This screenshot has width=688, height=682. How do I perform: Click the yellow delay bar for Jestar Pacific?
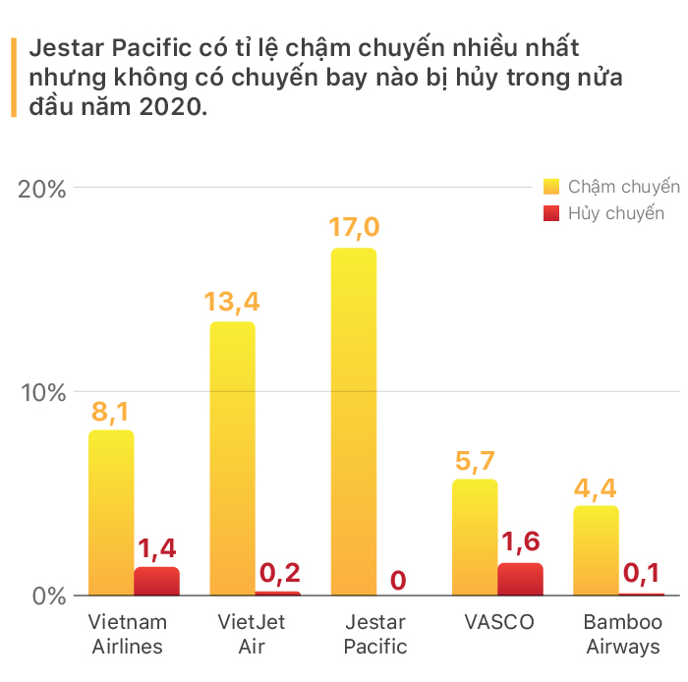[354, 422]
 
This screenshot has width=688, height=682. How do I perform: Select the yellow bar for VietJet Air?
[233, 458]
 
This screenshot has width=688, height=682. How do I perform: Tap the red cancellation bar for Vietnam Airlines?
[156, 581]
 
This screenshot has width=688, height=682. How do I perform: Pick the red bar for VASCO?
[520, 579]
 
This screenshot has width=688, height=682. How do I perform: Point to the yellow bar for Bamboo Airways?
[596, 550]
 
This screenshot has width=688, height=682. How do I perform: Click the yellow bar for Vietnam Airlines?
[111, 513]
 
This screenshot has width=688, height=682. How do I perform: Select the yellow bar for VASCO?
[475, 538]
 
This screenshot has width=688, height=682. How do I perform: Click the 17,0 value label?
[354, 228]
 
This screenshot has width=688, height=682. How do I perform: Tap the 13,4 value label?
[232, 303]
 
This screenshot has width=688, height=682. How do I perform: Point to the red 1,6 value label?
[521, 542]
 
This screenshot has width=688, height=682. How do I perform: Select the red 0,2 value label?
[280, 573]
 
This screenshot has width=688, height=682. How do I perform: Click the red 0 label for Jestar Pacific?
[398, 581]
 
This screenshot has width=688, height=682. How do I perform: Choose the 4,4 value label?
[596, 489]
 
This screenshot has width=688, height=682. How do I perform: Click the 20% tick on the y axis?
[41, 190]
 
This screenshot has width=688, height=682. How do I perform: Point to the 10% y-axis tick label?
[43, 393]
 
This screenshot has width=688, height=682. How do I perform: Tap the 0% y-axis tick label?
[49, 597]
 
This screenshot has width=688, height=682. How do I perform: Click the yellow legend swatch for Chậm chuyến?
[551, 187]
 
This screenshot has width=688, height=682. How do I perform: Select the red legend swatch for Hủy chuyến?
[551, 213]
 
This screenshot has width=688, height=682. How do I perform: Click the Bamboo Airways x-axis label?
[623, 634]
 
